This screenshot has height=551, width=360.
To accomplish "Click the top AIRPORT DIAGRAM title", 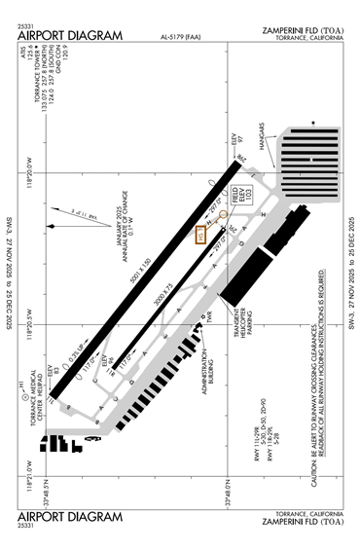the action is click(70, 36).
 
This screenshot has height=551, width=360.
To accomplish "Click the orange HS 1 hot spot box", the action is click(202, 234).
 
